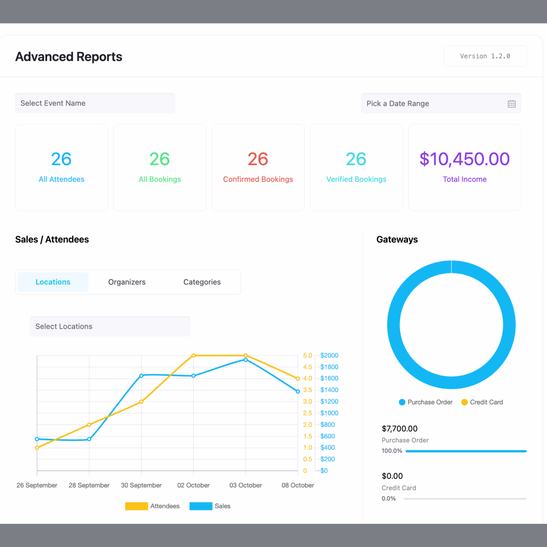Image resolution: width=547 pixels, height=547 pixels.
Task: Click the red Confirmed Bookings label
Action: [258, 179]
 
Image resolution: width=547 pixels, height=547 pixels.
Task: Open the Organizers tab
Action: [127, 282]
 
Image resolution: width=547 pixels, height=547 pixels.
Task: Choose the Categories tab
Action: [202, 282]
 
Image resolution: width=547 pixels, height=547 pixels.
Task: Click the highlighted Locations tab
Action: [53, 282]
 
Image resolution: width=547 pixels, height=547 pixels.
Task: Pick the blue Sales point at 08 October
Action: [298, 392]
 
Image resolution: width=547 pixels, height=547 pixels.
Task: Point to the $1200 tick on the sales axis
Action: [329, 401]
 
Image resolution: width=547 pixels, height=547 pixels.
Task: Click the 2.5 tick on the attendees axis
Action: [307, 413]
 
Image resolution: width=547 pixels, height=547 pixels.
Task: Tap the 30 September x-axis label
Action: [141, 485]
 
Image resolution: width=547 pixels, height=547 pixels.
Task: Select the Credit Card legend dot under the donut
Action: [464, 402]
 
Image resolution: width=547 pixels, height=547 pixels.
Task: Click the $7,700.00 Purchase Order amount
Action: [399, 429]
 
